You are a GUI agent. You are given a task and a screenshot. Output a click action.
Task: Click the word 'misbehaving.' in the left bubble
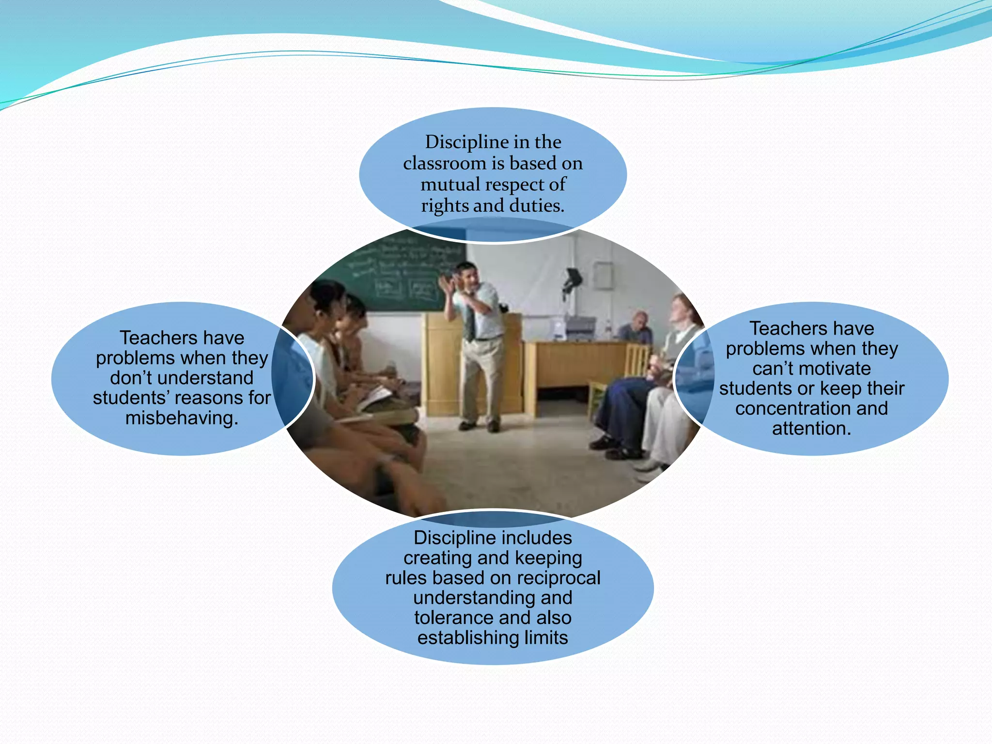[x=182, y=418]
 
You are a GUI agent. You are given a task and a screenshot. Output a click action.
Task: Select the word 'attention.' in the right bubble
[x=811, y=428]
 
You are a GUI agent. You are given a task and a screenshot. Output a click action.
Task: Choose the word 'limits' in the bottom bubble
[x=546, y=637]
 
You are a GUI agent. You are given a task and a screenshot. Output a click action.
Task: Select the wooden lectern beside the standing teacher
[x=441, y=363]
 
